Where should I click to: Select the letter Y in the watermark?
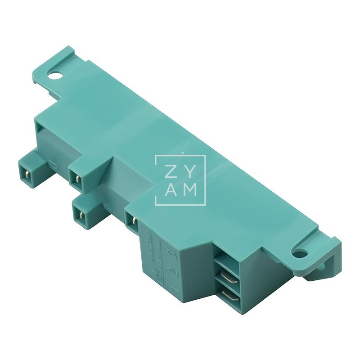191,172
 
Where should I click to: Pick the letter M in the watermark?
191,190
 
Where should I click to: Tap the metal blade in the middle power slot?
229,278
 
